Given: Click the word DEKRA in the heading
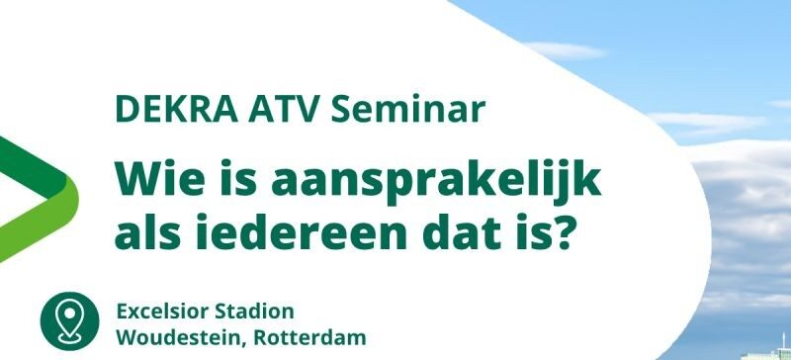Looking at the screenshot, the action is coord(177,110).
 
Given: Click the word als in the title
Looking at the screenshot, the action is coord(147,231).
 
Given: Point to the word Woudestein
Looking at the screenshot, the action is coord(180,338).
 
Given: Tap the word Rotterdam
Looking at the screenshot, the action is coord(309,338).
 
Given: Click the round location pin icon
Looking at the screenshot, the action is coord(69,321).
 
